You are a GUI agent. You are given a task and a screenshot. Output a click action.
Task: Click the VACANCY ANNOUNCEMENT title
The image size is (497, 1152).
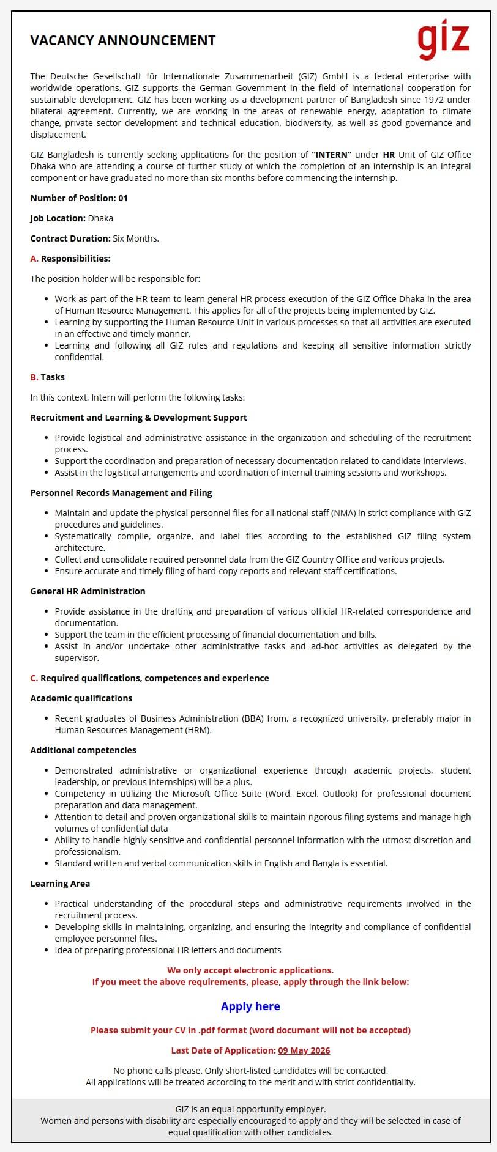(x=123, y=40)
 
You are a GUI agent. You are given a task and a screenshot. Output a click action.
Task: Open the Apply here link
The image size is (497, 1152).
(x=250, y=1006)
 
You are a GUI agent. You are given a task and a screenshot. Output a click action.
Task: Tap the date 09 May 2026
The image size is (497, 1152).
(x=304, y=1050)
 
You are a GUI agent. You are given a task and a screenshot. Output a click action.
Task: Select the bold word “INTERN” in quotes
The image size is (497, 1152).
(x=331, y=155)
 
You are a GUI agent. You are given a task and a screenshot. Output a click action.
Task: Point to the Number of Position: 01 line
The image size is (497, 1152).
(x=79, y=198)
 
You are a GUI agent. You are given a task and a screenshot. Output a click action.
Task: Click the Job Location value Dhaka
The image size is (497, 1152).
(x=100, y=218)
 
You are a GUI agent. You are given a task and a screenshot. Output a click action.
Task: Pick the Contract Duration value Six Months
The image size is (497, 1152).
(x=135, y=238)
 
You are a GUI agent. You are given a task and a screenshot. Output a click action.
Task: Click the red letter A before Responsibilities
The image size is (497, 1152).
(x=34, y=259)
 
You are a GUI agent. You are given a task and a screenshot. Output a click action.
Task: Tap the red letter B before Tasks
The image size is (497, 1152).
(x=34, y=377)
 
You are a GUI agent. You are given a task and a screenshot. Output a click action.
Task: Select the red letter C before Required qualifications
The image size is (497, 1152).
(x=34, y=678)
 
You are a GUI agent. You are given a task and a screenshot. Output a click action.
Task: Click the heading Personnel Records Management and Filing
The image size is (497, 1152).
(x=121, y=493)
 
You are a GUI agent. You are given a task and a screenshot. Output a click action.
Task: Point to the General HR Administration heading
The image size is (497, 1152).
(x=88, y=591)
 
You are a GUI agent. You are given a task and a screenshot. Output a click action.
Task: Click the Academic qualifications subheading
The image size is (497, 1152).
(x=81, y=698)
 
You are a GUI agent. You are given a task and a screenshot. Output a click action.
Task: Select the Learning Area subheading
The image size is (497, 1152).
(x=60, y=884)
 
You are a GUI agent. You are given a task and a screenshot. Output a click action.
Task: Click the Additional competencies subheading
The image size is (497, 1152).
(x=83, y=750)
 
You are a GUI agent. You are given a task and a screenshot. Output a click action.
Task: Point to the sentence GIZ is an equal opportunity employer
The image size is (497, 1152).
(x=250, y=1109)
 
